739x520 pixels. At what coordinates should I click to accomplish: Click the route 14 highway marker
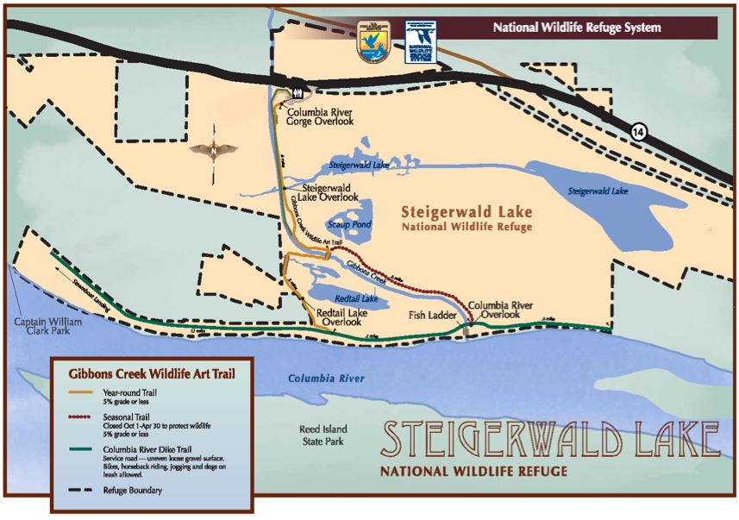[638, 132]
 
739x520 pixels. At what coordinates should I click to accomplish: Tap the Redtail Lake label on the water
[356, 298]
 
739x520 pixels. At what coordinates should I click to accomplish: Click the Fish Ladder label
[431, 315]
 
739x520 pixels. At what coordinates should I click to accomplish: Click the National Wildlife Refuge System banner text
[577, 28]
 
